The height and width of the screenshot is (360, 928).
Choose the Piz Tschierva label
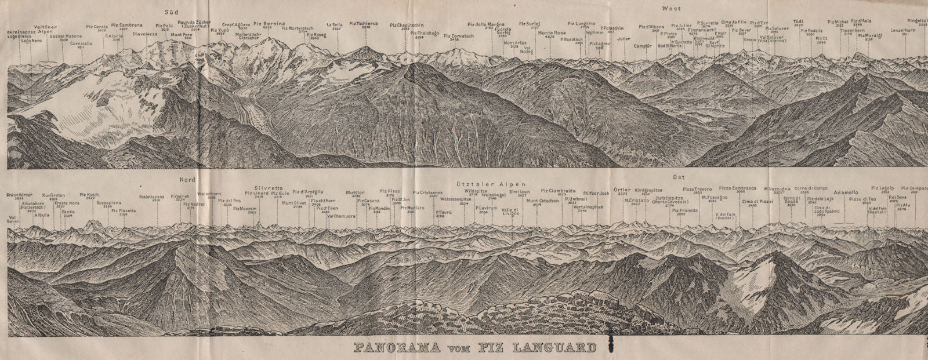[x=364, y=24]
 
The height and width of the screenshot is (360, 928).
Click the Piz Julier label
[x=681, y=26]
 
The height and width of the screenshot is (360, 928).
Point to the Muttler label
[x=354, y=192]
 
